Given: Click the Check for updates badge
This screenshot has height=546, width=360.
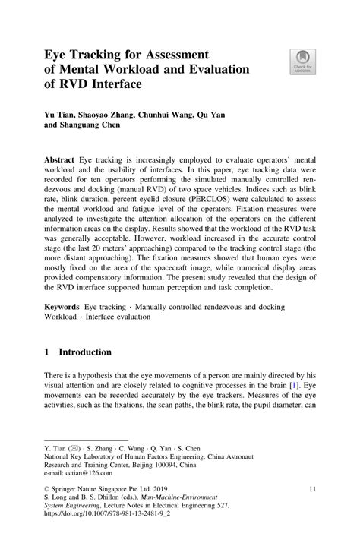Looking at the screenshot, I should [x=300, y=62].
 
